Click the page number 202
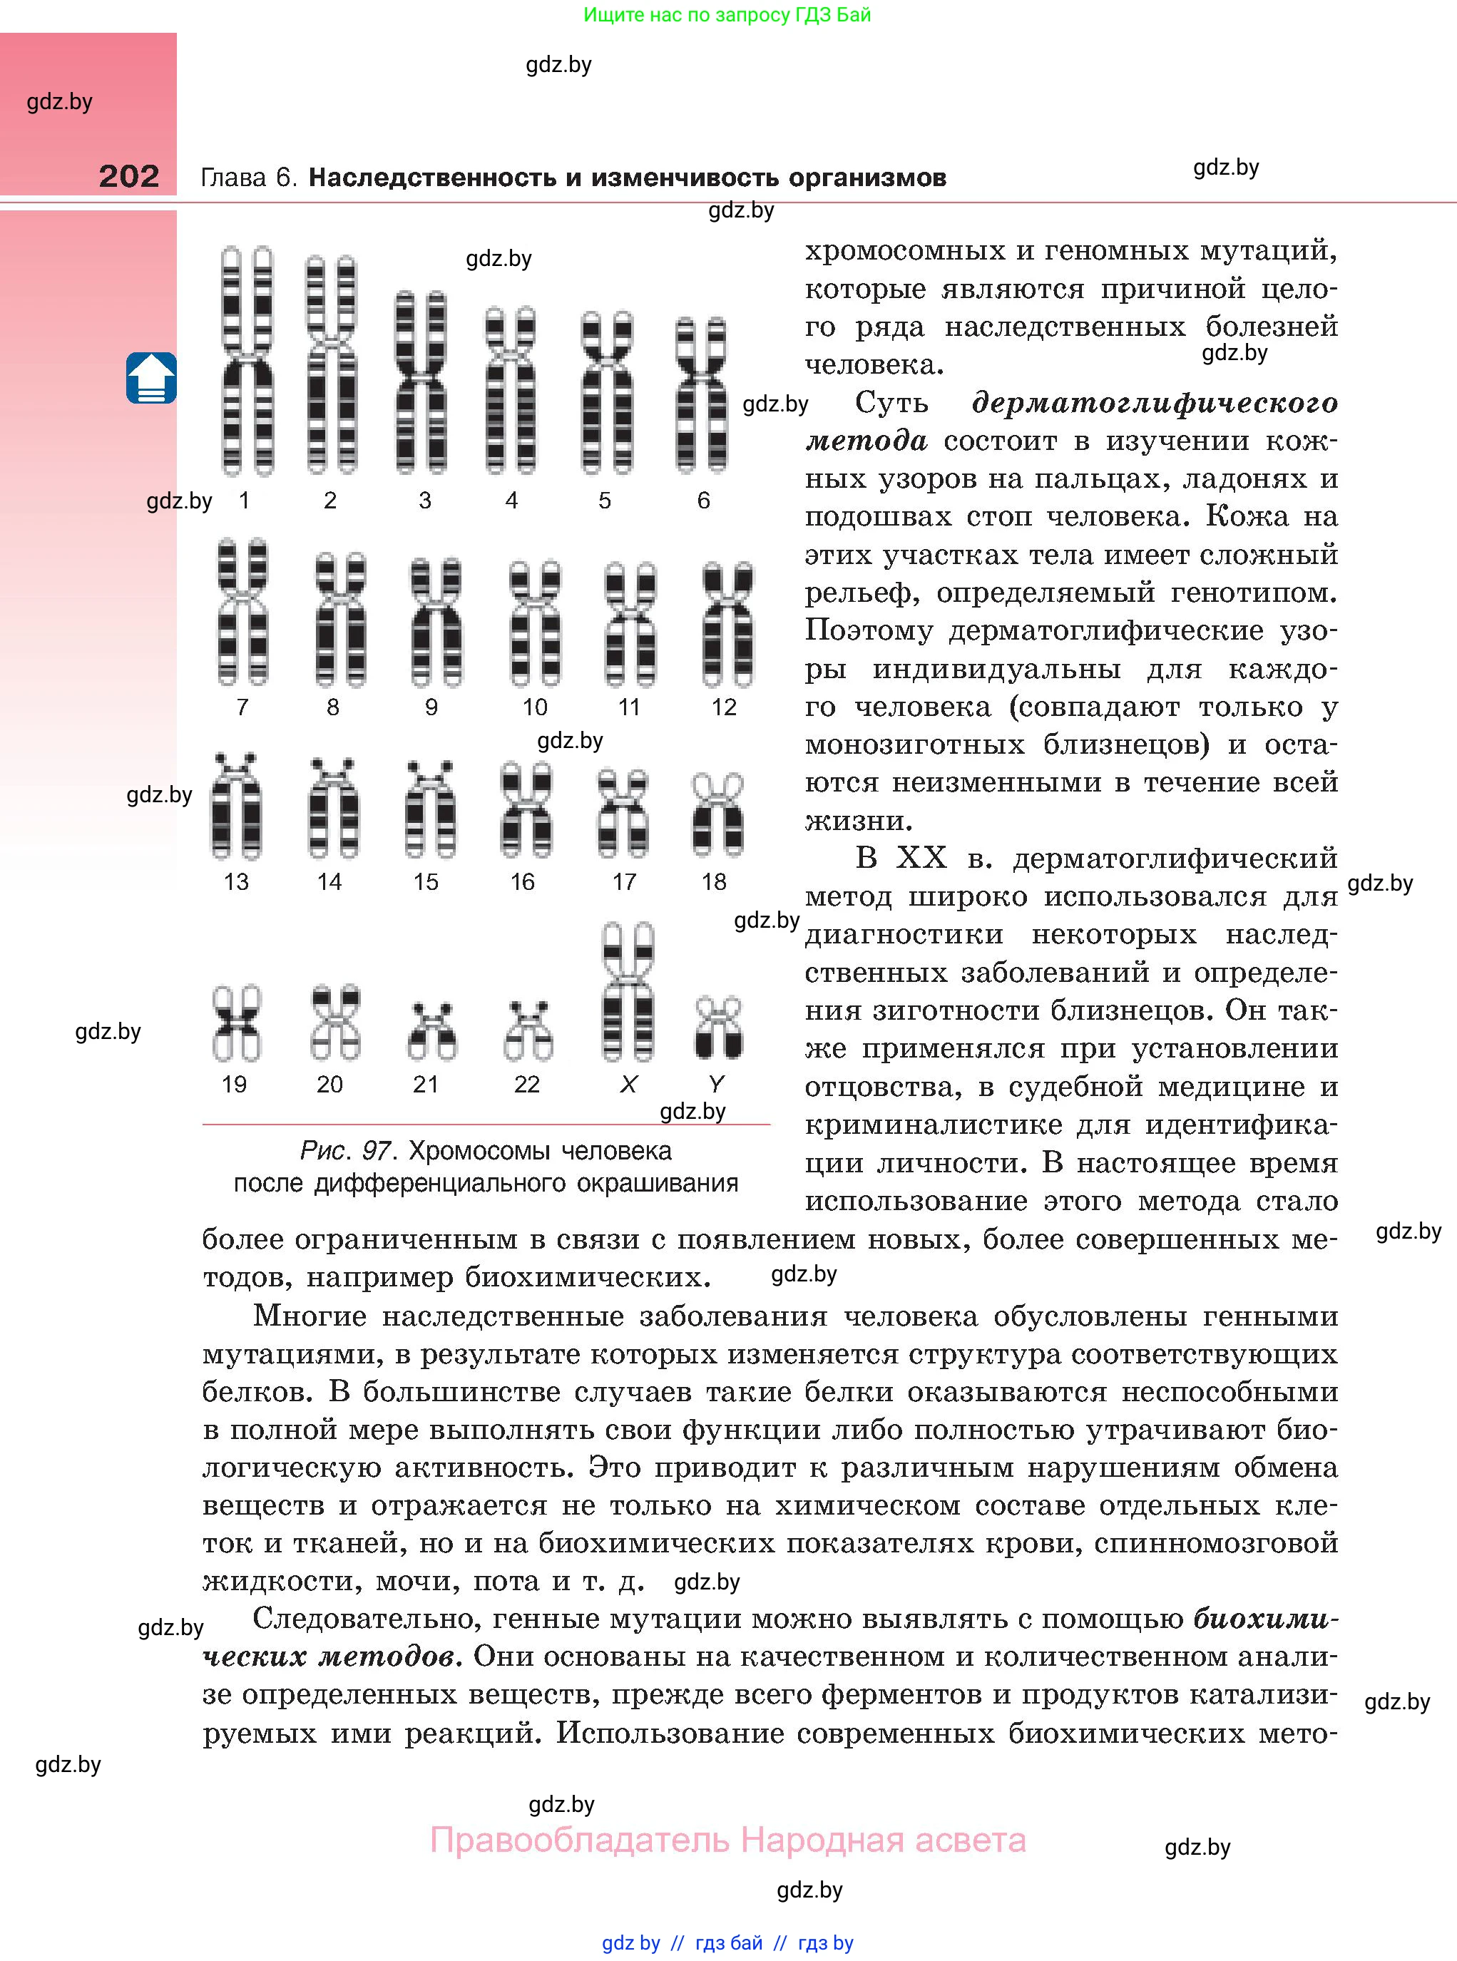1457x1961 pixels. (x=129, y=176)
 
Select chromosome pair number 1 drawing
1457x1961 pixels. (x=247, y=361)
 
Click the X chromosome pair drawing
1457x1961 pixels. (x=628, y=992)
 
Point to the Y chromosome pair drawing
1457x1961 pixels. (x=718, y=1028)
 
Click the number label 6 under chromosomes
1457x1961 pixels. (x=703, y=501)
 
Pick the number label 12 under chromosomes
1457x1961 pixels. (x=723, y=707)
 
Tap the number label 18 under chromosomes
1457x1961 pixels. (x=713, y=882)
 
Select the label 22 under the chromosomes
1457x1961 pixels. (x=526, y=1085)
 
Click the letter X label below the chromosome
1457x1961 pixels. (x=628, y=1085)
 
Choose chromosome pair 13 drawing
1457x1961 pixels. (x=236, y=806)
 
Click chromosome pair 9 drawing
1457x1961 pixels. (x=436, y=622)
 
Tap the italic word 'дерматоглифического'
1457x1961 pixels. (x=1155, y=403)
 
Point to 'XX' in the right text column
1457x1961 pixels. (x=921, y=858)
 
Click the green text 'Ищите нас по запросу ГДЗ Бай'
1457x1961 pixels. (x=727, y=15)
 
